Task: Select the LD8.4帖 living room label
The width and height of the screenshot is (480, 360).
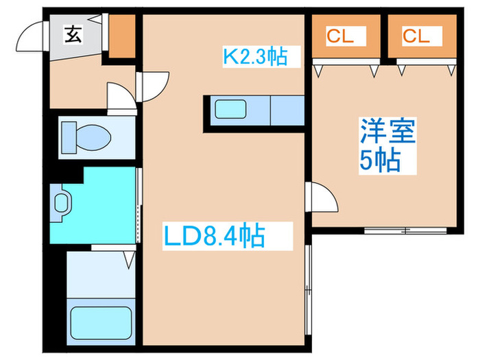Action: (213, 237)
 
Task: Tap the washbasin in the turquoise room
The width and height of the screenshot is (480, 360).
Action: (62, 203)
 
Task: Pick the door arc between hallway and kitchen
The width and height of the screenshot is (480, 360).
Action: (155, 86)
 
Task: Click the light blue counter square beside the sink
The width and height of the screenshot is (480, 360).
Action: (288, 110)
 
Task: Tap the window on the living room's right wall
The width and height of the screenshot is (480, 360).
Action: (309, 281)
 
